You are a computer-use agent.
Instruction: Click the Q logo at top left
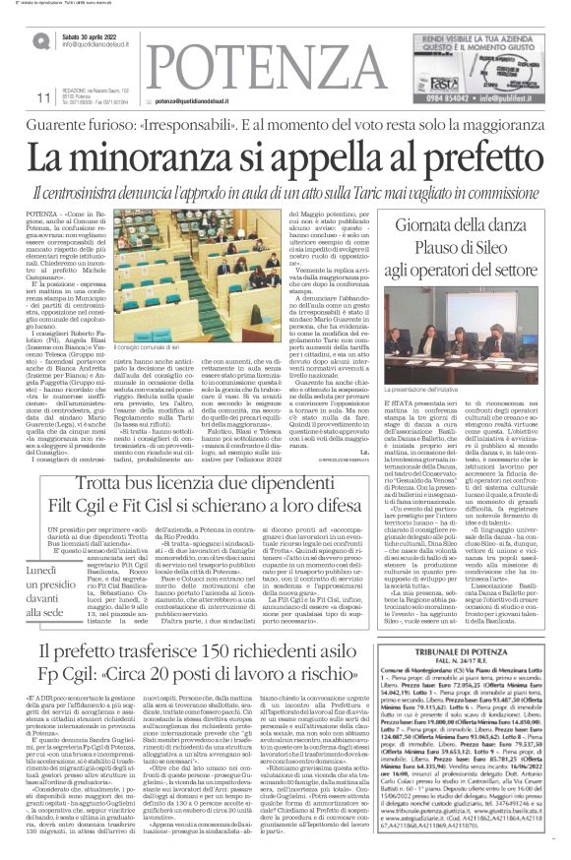(x=40, y=40)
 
